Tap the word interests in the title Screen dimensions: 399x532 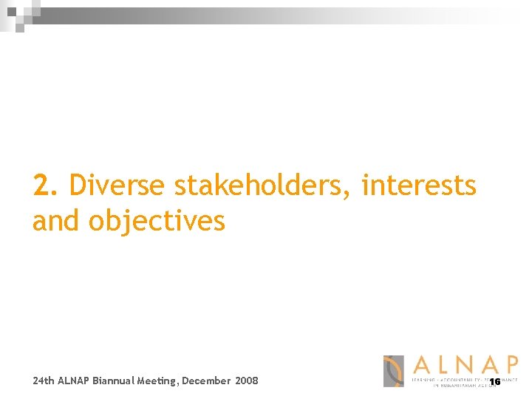pyautogui.click(x=419, y=185)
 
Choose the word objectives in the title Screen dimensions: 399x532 pyautogui.click(x=157, y=221)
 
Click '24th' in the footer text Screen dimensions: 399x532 pyautogui.click(x=44, y=381)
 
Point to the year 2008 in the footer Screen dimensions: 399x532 pyautogui.click(x=247, y=381)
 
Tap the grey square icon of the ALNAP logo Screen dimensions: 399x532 pyautogui.click(x=393, y=371)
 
